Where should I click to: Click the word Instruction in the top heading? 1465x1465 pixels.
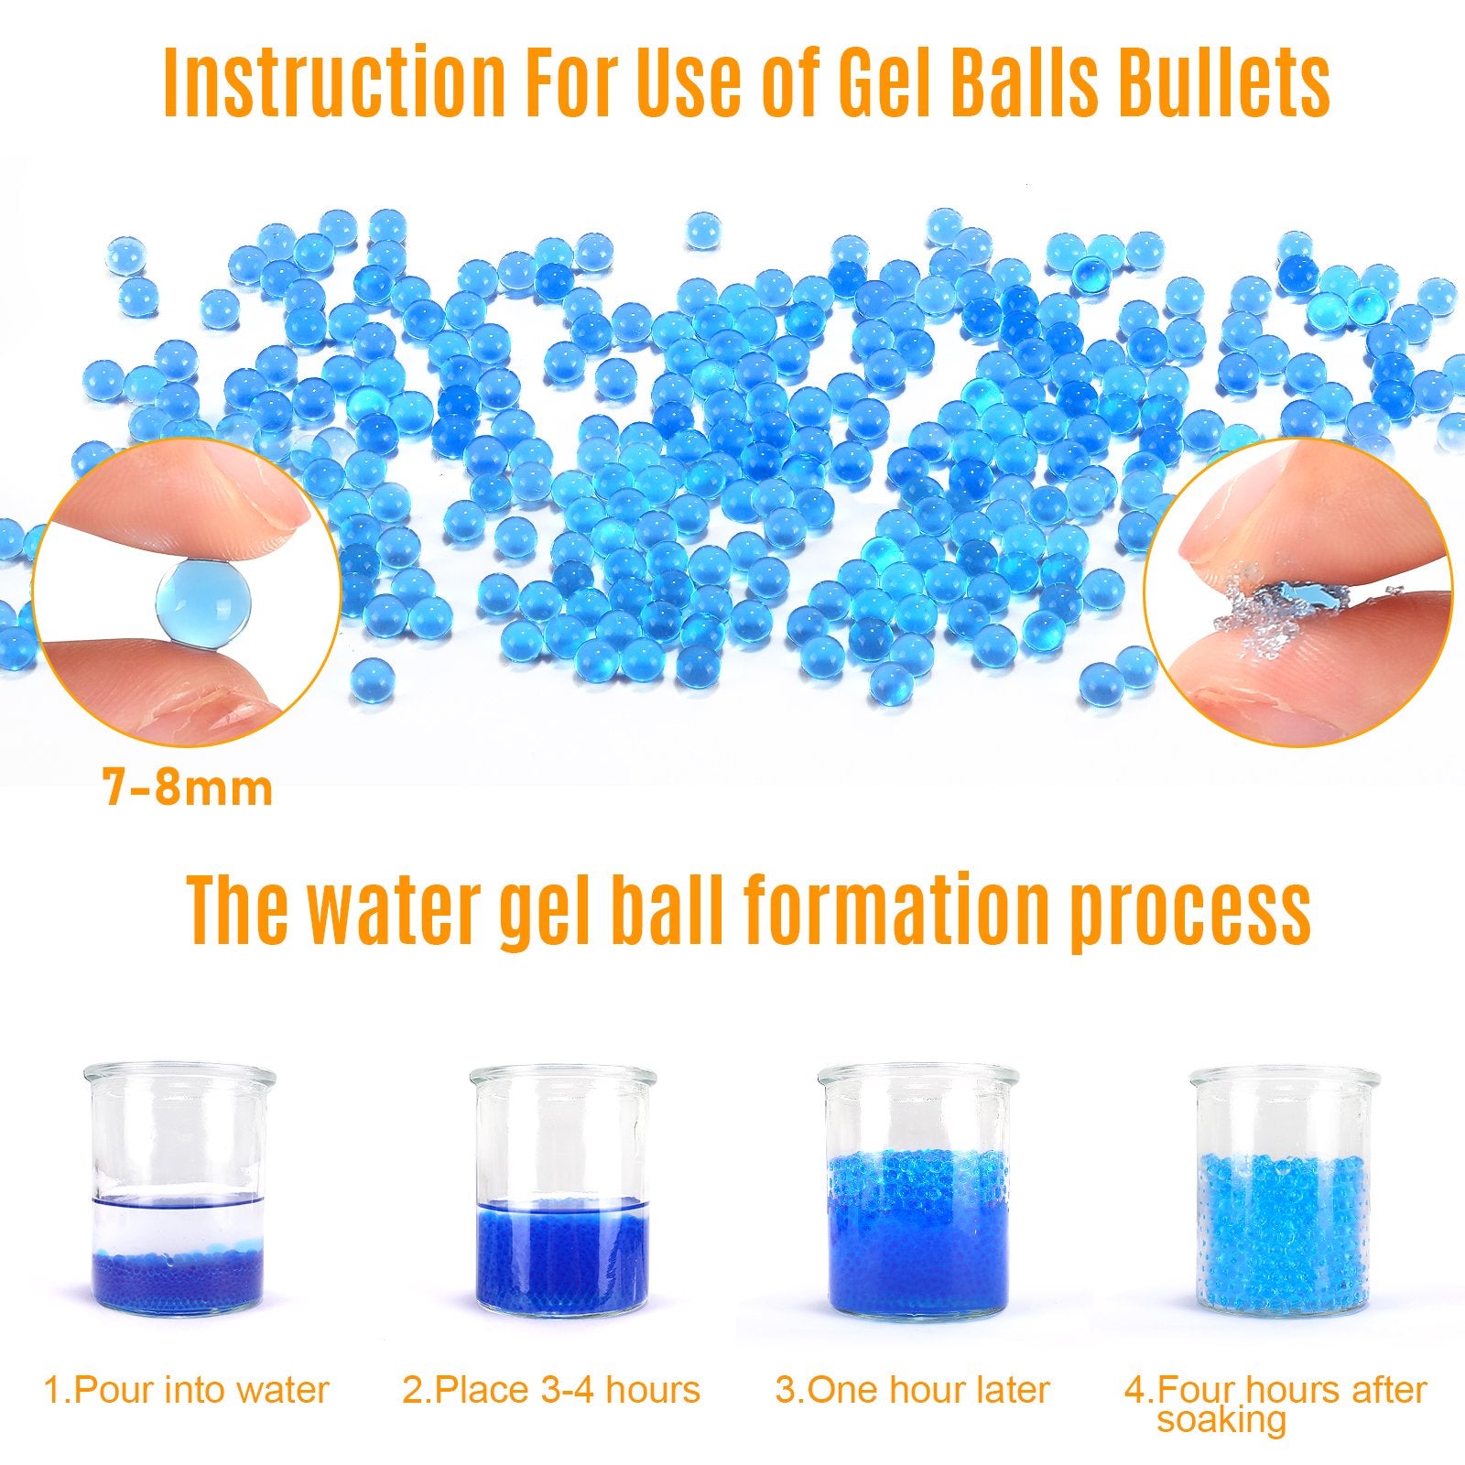tap(334, 83)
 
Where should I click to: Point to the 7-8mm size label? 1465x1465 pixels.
tap(189, 788)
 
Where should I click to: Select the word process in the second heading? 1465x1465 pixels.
tap(1190, 913)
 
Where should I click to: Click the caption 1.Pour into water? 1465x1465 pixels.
tap(187, 1390)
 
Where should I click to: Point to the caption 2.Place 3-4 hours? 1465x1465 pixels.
tap(551, 1390)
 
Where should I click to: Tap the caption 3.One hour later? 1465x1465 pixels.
tap(912, 1390)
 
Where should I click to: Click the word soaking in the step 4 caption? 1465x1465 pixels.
tap(1221, 1421)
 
